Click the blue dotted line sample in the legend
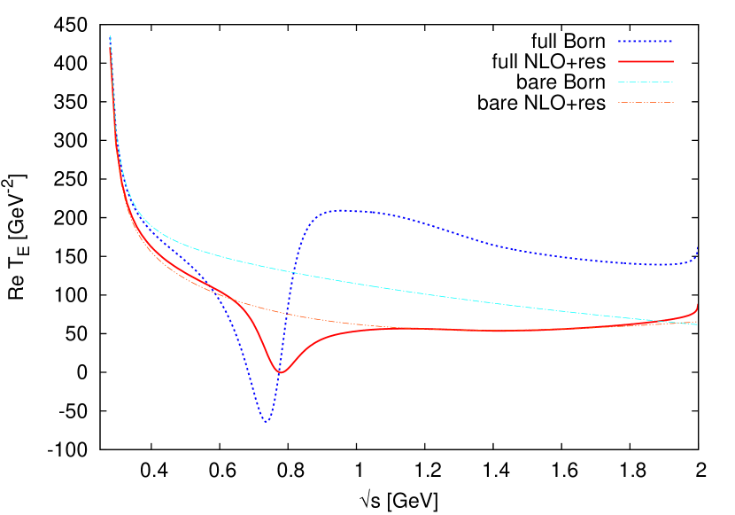click(646, 41)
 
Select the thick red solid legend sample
click(646, 61)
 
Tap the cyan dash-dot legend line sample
click(646, 82)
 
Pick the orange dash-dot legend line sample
click(646, 102)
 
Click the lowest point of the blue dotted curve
click(265, 423)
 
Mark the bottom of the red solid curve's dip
click(281, 372)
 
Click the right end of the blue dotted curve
click(698, 247)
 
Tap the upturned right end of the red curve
click(698, 306)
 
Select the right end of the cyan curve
click(698, 324)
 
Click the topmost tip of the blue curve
click(110, 36)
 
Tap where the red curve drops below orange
click(234, 300)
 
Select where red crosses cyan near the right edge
click(670, 320)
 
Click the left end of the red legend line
click(618, 61)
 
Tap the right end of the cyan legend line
click(673, 82)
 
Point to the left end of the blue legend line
click(618, 41)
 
